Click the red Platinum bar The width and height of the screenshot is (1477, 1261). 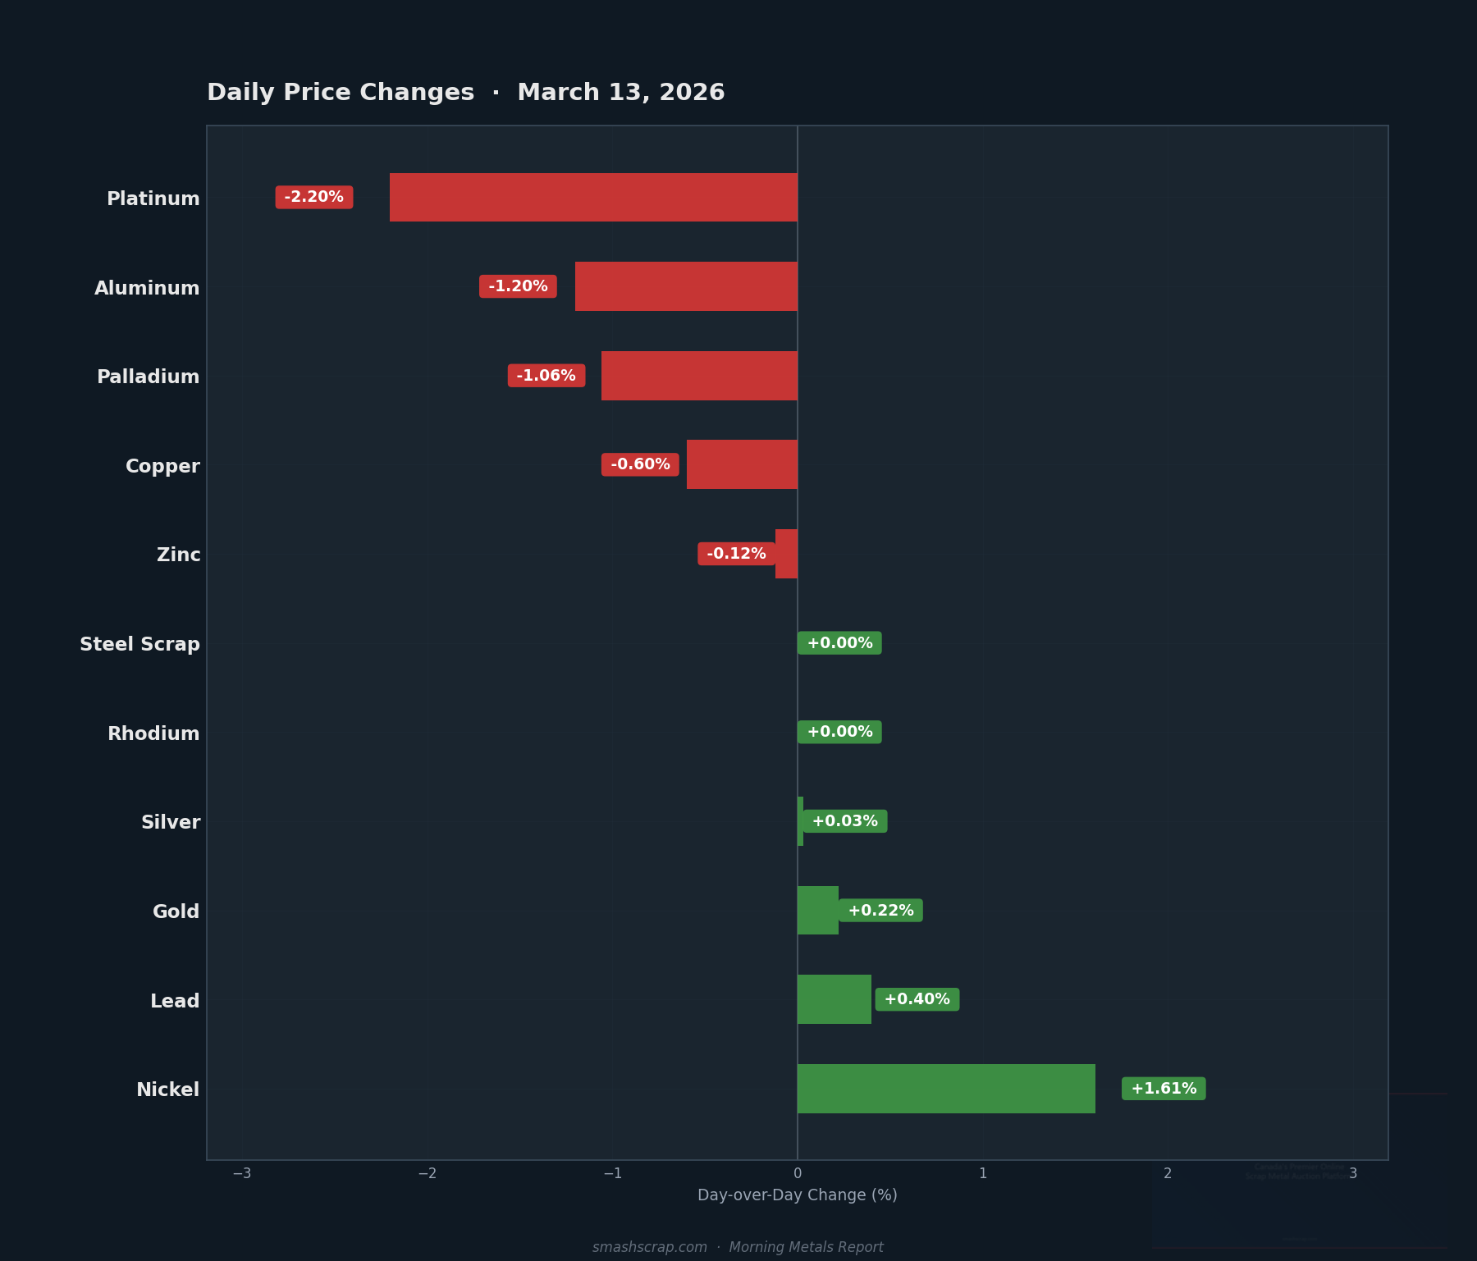pyautogui.click(x=593, y=197)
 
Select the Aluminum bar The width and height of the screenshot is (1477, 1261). pyautogui.click(x=686, y=286)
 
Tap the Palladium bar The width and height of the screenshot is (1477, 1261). pyautogui.click(x=699, y=376)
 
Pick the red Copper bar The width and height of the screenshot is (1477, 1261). pyautogui.click(x=742, y=464)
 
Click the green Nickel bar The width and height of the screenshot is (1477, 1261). pyautogui.click(x=946, y=1089)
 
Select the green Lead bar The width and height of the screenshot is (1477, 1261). pyautogui.click(x=834, y=999)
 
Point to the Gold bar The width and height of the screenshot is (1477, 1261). pyautogui.click(x=817, y=911)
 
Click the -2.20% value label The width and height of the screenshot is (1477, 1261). pyautogui.click(x=314, y=197)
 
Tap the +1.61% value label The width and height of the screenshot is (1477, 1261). pyautogui.click(x=1164, y=1089)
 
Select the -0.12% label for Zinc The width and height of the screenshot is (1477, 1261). pyautogui.click(x=736, y=554)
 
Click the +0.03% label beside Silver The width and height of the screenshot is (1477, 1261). pyautogui.click(x=844, y=821)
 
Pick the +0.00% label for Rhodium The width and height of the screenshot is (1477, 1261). pyautogui.click(x=839, y=732)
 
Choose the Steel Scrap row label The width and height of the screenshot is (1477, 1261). pyautogui.click(x=139, y=644)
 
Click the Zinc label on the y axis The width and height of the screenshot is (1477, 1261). pyautogui.click(x=178, y=555)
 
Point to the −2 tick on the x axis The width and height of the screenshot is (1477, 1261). pyautogui.click(x=427, y=1173)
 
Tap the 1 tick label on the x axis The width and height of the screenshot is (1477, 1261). pyautogui.click(x=982, y=1173)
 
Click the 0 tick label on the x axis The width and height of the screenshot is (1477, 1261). pyautogui.click(x=798, y=1173)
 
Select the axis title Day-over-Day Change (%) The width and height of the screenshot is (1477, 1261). pyautogui.click(x=797, y=1195)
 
